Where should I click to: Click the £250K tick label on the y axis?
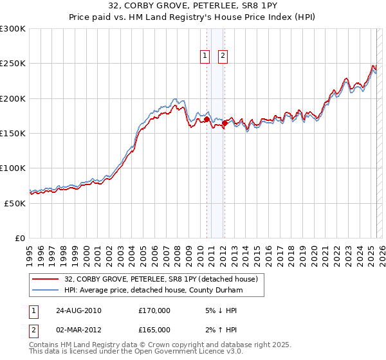pyautogui.click(x=13, y=64)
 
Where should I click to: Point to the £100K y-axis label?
pyautogui.click(x=13, y=168)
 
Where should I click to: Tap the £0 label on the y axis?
pyautogui.click(x=20, y=238)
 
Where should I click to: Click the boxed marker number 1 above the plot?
pyautogui.click(x=205, y=56)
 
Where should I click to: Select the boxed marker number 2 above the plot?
pyautogui.click(x=223, y=56)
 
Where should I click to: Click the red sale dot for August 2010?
pyautogui.click(x=207, y=119)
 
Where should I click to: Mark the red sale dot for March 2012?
pyautogui.click(x=224, y=123)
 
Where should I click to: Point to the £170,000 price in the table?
pyautogui.click(x=154, y=310)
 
